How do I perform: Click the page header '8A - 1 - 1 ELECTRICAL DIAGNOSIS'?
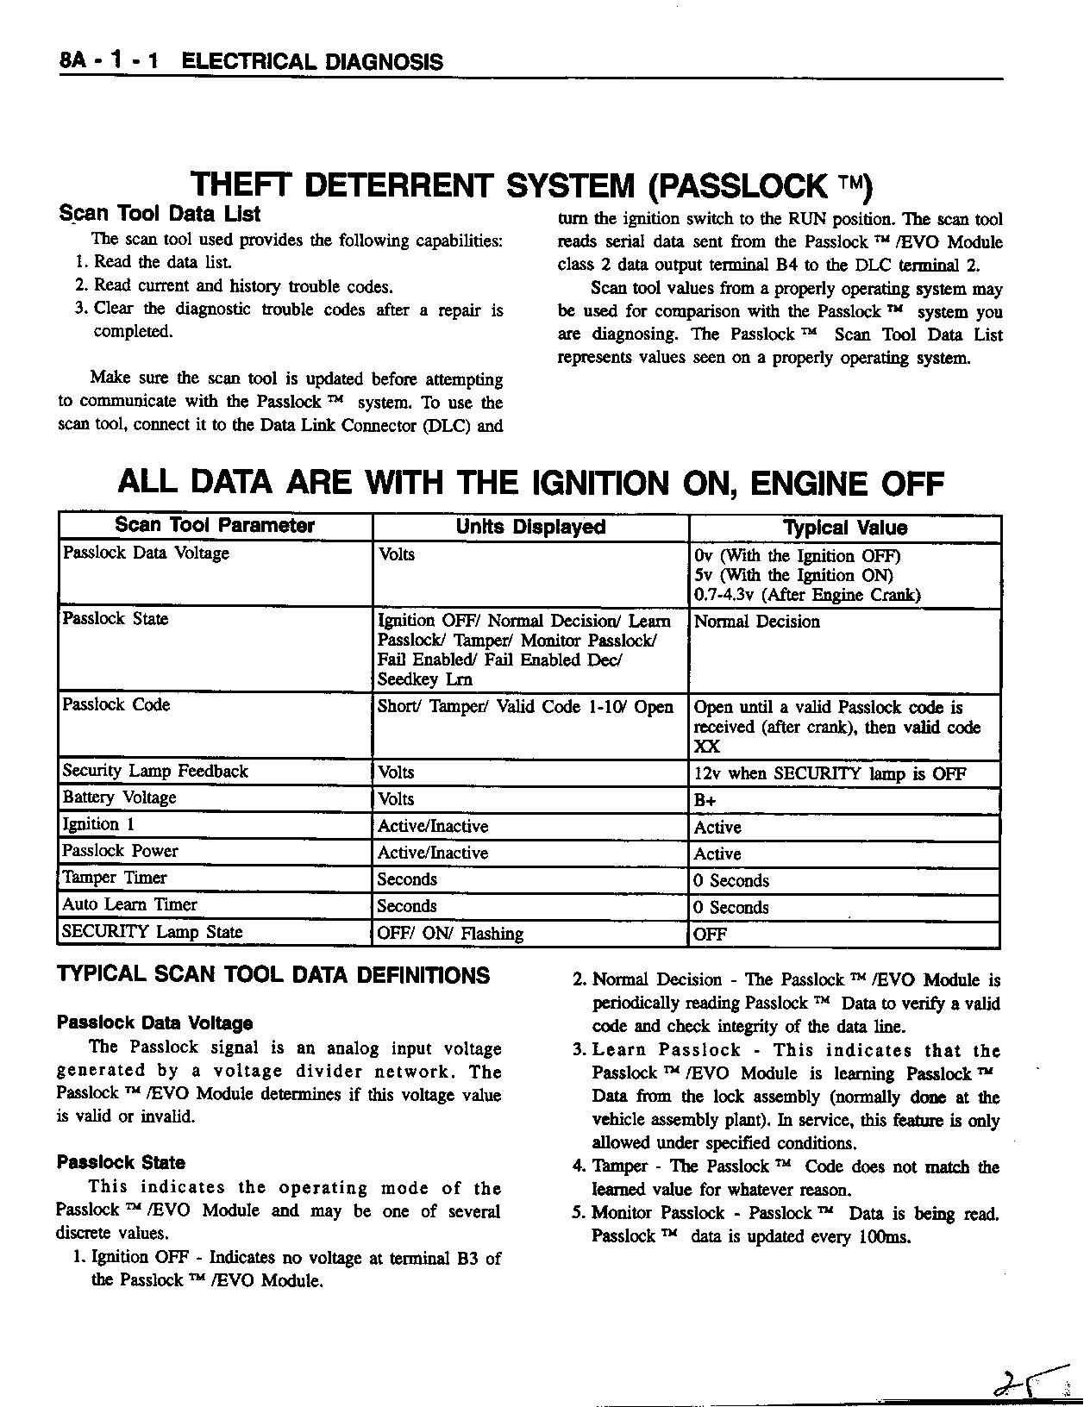point(251,61)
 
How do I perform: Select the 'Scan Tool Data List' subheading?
point(160,213)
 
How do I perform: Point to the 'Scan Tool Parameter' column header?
point(215,526)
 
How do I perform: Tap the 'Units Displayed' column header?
point(530,527)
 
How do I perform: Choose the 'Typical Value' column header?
point(844,528)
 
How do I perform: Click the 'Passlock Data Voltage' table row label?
point(146,553)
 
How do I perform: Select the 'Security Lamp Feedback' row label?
point(155,772)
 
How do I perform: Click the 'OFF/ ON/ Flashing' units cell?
point(450,934)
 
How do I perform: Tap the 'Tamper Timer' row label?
point(115,879)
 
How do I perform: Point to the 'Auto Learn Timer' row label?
point(129,905)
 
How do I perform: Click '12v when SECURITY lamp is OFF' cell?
point(830,774)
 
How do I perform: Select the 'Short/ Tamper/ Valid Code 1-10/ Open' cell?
point(525,707)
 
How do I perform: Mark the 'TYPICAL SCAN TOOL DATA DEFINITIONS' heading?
point(273,976)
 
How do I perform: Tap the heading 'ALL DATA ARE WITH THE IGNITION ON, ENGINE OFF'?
point(530,483)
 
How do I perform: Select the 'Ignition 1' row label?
point(98,825)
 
